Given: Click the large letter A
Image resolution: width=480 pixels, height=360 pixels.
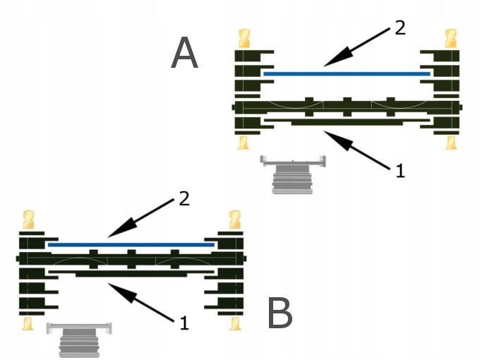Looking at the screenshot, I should pyautogui.click(x=185, y=54).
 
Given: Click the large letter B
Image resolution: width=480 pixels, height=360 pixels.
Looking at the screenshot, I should pyautogui.click(x=280, y=313).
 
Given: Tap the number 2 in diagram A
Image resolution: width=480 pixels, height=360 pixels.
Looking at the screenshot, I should pyautogui.click(x=400, y=28).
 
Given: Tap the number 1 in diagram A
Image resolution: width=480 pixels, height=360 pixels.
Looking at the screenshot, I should pyautogui.click(x=400, y=170).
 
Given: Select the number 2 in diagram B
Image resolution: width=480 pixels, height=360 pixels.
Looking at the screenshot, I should pyautogui.click(x=184, y=200).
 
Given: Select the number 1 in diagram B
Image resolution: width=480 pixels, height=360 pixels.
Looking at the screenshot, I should pyautogui.click(x=184, y=323).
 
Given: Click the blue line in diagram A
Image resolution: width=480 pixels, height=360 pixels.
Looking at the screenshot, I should pyautogui.click(x=346, y=73).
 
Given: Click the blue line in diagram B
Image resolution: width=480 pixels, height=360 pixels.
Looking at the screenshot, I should pyautogui.click(x=131, y=244).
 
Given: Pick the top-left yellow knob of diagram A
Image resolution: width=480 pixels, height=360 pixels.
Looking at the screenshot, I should pyautogui.click(x=244, y=38).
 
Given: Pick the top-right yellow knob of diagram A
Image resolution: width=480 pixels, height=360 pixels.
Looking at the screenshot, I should pyautogui.click(x=450, y=38).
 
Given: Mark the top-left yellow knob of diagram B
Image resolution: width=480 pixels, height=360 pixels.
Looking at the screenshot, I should pyautogui.click(x=29, y=218).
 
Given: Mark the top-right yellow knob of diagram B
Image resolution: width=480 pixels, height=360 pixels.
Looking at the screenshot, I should pyautogui.click(x=234, y=218).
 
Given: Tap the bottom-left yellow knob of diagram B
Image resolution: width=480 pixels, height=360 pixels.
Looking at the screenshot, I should pyautogui.click(x=29, y=323).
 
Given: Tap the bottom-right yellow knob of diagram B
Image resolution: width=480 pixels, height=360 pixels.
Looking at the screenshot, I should pyautogui.click(x=235, y=323).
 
